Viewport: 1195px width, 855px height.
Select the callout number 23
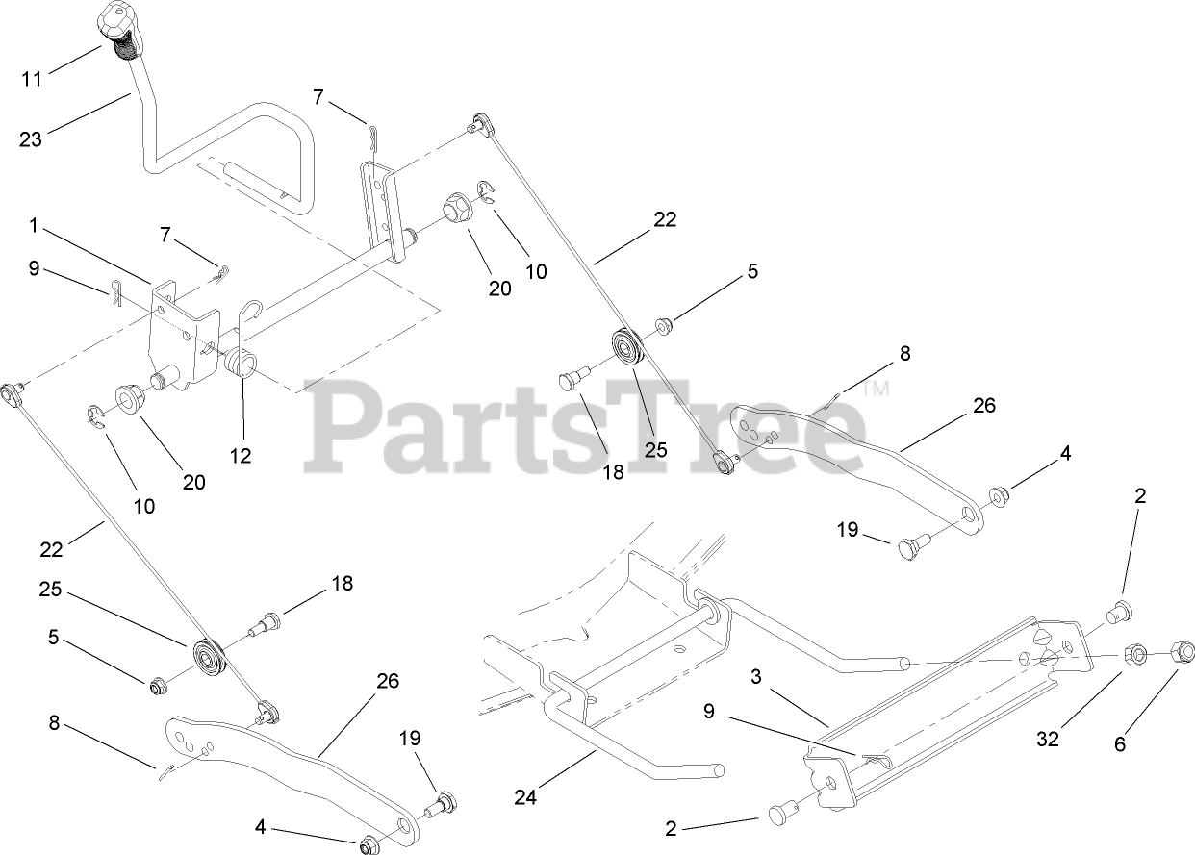(31, 139)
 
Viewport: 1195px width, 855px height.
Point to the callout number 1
(34, 226)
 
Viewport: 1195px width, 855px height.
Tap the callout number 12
(241, 455)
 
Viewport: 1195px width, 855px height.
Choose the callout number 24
(526, 796)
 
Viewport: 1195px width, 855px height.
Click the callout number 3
(756, 678)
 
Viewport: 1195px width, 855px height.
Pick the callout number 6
(1119, 742)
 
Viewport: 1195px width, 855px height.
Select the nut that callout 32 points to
(1135, 656)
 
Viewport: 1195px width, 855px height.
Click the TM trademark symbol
(876, 390)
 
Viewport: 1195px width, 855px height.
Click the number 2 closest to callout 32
(1140, 497)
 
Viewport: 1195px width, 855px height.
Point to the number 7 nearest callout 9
(165, 235)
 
